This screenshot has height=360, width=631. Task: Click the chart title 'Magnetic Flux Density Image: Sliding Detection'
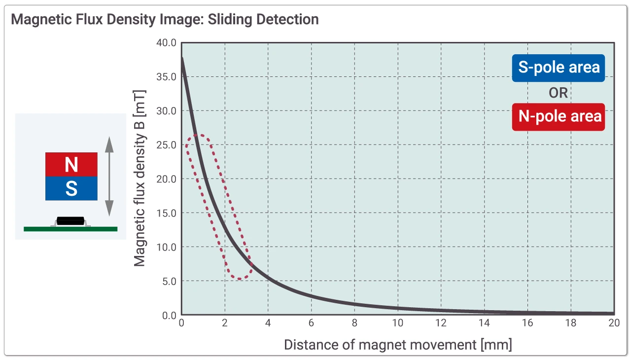tap(165, 20)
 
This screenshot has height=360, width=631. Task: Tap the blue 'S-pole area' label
tap(558, 68)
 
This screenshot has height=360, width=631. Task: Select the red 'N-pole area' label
tap(558, 116)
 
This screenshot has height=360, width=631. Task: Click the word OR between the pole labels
tap(558, 92)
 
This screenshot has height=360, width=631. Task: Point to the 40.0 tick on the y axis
tap(166, 43)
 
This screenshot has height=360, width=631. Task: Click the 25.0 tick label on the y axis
tap(166, 145)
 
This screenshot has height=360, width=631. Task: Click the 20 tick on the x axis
tap(614, 324)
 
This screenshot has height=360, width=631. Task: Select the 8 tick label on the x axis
tap(354, 324)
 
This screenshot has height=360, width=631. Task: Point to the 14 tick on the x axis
tap(484, 324)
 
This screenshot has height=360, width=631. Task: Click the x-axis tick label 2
tap(225, 324)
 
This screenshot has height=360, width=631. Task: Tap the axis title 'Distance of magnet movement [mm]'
tap(398, 344)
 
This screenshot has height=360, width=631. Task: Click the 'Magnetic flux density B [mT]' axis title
tap(140, 178)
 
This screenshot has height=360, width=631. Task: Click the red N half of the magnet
tap(71, 164)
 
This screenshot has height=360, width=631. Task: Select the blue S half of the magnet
tap(71, 188)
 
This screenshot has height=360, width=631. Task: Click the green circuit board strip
tap(70, 229)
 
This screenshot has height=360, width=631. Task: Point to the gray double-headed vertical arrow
tap(109, 176)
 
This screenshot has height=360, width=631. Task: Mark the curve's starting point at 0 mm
tap(182, 59)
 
